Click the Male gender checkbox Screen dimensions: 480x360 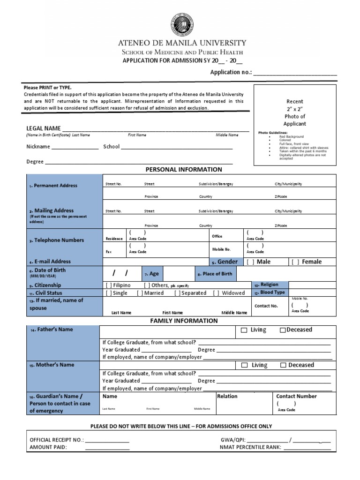pos(250,262)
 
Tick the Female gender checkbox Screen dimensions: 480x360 pos(295,262)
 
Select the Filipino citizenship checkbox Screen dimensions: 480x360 pos(109,285)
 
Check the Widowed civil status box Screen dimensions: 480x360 pos(216,293)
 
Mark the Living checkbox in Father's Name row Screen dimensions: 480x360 pos(244,330)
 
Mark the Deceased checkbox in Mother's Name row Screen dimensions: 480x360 pos(283,365)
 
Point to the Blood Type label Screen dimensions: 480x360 pos(272,292)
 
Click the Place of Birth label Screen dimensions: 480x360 pos(217,274)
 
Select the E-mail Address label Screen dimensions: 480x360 pos(52,262)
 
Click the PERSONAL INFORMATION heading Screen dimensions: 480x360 pos(184,170)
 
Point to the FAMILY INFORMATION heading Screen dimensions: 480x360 pos(184,321)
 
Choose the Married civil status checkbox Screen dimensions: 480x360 pos(140,293)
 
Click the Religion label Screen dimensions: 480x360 pos(269,285)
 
